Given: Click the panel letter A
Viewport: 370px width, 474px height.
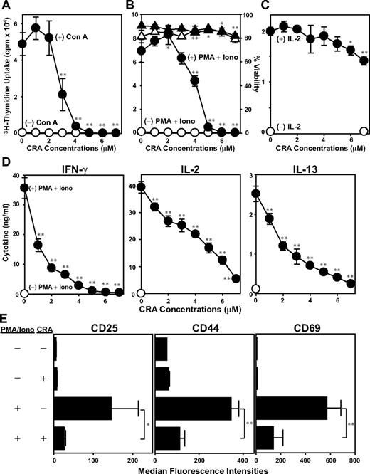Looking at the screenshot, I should (5, 6).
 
